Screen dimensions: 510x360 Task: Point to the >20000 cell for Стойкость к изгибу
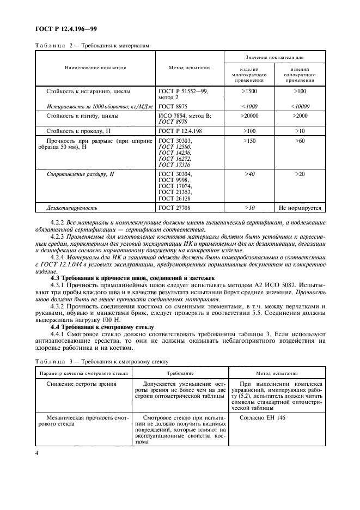249,116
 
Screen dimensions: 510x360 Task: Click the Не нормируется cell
300,208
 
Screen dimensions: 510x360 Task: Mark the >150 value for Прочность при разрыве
249,140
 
